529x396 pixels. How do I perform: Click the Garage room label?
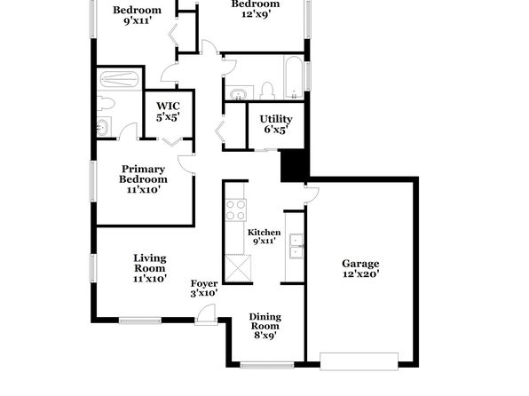[x=360, y=268]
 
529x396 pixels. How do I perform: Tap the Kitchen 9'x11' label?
[x=264, y=236]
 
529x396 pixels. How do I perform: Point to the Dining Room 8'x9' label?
[x=265, y=326]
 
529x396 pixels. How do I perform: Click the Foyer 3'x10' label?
[x=204, y=288]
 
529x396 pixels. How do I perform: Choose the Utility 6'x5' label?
[x=276, y=124]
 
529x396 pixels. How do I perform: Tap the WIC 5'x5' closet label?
[x=168, y=111]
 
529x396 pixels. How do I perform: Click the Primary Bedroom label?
[x=143, y=179]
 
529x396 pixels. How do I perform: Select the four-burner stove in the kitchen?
[x=236, y=210]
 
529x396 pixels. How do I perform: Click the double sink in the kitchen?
[x=296, y=246]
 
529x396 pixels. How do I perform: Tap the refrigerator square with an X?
[x=238, y=268]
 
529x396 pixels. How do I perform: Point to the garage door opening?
[x=359, y=361]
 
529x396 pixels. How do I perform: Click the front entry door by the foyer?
[x=206, y=314]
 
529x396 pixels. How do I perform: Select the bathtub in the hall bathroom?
[x=294, y=77]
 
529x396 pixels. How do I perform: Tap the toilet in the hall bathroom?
[x=267, y=91]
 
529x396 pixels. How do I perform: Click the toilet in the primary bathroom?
[x=106, y=104]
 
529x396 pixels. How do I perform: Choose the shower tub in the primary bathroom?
[x=120, y=79]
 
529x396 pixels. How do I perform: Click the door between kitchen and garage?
[x=312, y=194]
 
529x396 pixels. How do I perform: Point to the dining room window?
[x=267, y=365]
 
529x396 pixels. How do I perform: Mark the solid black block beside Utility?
[x=295, y=166]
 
